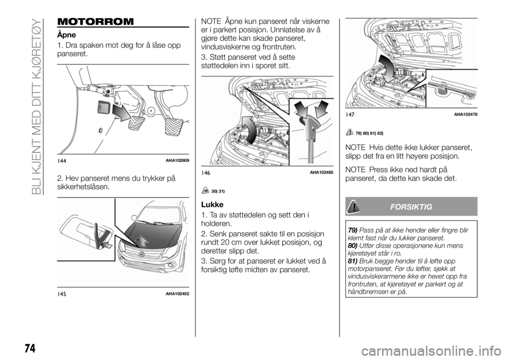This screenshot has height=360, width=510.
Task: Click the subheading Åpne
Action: pyautogui.click(x=66, y=34)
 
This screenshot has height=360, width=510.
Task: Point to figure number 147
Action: pyautogui.click(x=351, y=115)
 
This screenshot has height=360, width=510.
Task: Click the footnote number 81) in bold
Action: pyautogui.click(x=352, y=261)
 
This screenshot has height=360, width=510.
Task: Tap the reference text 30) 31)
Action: pyautogui.click(x=219, y=190)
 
